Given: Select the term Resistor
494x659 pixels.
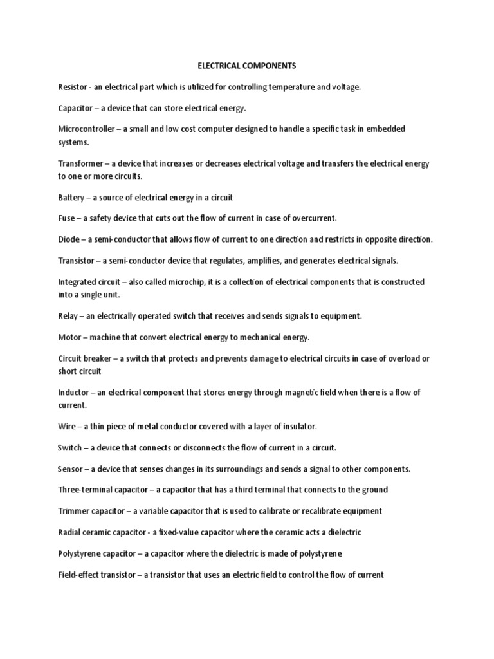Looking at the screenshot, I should pyautogui.click(x=73, y=87).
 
